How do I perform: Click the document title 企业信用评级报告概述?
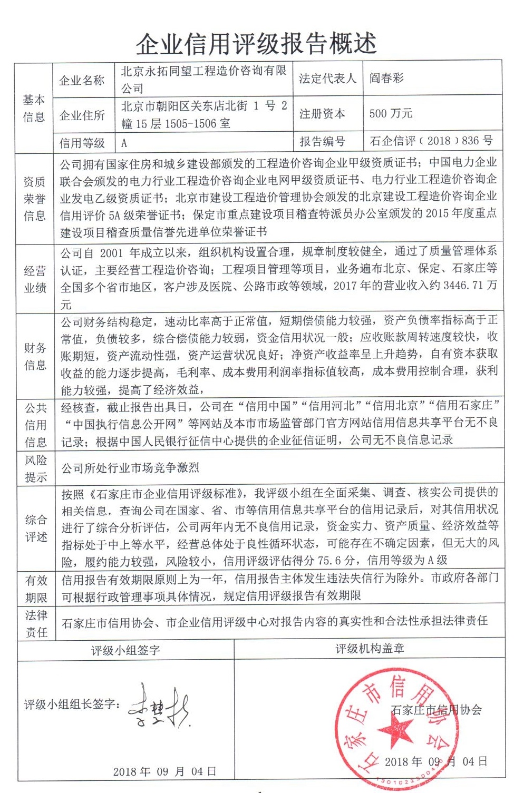(x=256, y=44)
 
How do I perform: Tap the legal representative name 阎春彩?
(x=386, y=79)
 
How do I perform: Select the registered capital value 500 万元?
(x=391, y=113)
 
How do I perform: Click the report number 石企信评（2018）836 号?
(x=431, y=141)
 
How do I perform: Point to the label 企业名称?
(x=82, y=80)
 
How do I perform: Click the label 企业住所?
(x=82, y=115)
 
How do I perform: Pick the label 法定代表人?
(x=327, y=79)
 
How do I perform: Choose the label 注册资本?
(x=322, y=113)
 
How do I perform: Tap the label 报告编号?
(x=322, y=141)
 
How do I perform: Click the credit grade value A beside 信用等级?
(x=124, y=143)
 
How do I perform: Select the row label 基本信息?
(x=34, y=108)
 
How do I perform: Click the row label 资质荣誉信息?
(x=35, y=199)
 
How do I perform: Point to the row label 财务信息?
(x=35, y=356)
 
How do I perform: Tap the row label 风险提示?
(x=36, y=468)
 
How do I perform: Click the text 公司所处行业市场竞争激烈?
(x=130, y=468)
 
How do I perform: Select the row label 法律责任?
(x=36, y=623)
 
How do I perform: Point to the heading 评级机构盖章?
(x=370, y=649)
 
